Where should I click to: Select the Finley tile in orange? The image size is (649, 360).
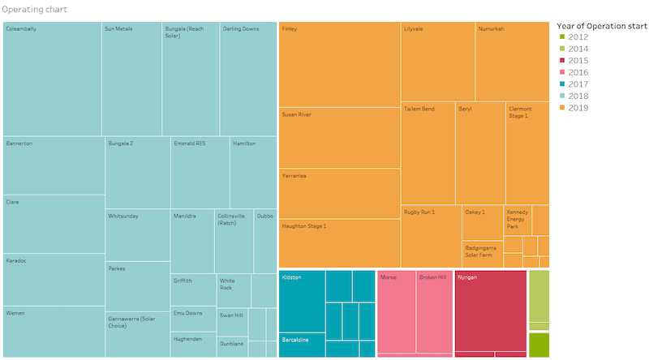pos(339,65)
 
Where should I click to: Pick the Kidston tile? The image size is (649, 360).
pos(302,301)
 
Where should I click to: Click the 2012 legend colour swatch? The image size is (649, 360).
pos(561,37)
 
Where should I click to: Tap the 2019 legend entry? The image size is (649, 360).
pos(578,108)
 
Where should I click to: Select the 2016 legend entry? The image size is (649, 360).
pos(578,72)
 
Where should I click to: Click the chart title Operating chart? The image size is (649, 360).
pos(34,10)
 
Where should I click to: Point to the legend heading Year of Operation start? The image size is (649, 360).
pos(601,25)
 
